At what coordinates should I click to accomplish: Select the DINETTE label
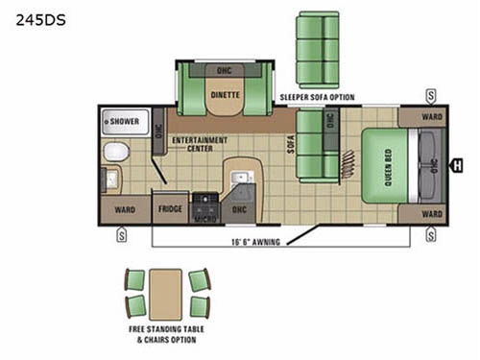pyautogui.click(x=225, y=96)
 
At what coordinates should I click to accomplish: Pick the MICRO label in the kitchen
pyautogui.click(x=204, y=219)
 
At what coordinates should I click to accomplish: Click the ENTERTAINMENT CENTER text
pyautogui.click(x=199, y=144)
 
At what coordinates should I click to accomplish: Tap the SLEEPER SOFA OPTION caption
pyautogui.click(x=317, y=98)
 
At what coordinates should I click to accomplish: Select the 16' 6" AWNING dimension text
pyautogui.click(x=255, y=242)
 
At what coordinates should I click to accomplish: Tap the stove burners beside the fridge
pyautogui.click(x=204, y=203)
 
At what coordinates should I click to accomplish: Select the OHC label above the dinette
pyautogui.click(x=224, y=70)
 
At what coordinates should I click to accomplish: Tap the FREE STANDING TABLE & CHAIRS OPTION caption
pyautogui.click(x=168, y=336)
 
